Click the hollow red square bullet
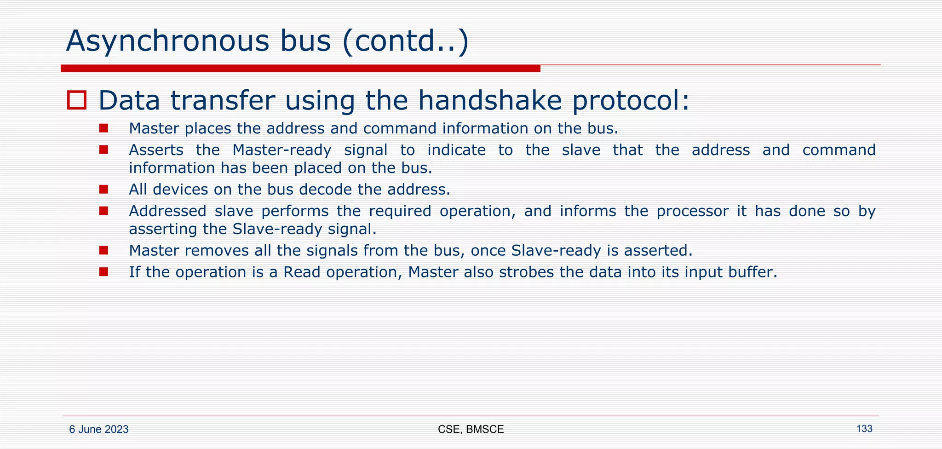point(76,100)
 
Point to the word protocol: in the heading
point(631,100)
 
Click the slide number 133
point(864,429)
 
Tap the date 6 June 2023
point(98,430)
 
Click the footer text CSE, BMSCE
point(471,430)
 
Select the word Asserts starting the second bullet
point(156,150)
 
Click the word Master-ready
point(281,150)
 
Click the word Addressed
point(167,211)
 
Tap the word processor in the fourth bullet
point(692,211)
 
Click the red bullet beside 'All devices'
point(103,189)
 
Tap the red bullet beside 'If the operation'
point(103,272)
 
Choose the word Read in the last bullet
point(301,272)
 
